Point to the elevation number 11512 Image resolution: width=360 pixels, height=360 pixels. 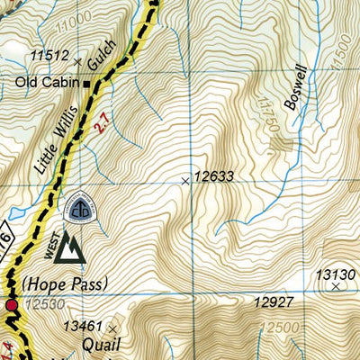point(49,57)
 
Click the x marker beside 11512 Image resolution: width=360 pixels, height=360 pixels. point(78,62)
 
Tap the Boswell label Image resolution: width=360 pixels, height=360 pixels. point(297,87)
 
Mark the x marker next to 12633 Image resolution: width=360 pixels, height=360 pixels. point(185,181)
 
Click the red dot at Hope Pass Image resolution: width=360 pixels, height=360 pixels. point(12,307)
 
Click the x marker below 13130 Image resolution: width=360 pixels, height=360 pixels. point(337,287)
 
